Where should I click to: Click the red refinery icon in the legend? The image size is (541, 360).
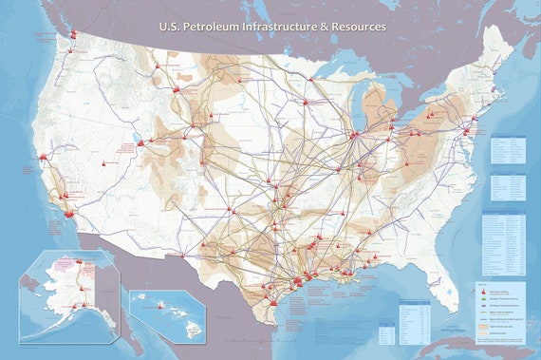[x=483, y=291]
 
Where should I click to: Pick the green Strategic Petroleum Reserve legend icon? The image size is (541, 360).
[x=483, y=298]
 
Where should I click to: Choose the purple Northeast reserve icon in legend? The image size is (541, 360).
[x=483, y=305]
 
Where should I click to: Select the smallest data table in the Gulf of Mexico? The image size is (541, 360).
[x=386, y=333]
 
